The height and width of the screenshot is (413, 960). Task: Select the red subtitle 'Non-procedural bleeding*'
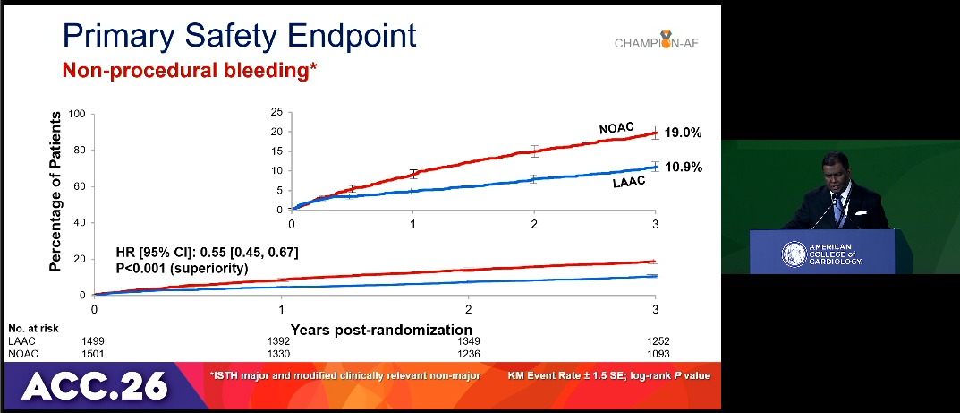point(190,71)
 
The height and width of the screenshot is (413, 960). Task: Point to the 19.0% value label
point(683,133)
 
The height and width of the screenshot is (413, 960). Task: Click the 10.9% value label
point(683,168)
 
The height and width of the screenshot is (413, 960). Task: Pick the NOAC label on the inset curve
point(616,129)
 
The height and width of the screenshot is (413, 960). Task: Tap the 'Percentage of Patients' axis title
point(55,191)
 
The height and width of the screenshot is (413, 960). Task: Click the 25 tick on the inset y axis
point(276,112)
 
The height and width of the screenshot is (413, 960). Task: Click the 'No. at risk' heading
point(33,328)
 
